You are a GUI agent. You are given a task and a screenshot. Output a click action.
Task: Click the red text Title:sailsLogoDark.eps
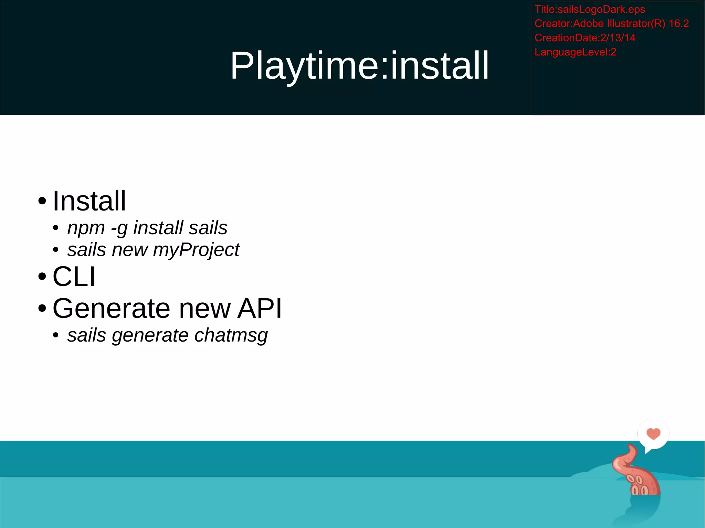click(589, 9)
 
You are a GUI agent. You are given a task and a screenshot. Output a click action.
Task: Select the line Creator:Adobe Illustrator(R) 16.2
click(611, 23)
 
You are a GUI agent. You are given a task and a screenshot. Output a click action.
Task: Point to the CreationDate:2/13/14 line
click(585, 37)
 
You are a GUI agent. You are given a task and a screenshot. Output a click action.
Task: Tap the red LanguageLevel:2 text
click(575, 52)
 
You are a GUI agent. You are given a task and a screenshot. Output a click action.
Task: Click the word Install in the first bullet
click(89, 201)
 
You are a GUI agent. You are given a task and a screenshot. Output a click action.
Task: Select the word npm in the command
click(86, 228)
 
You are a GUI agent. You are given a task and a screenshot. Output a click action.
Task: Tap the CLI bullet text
click(74, 276)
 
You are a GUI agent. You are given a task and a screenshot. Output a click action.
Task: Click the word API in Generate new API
click(260, 308)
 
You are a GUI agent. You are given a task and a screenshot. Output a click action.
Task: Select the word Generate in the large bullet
click(111, 308)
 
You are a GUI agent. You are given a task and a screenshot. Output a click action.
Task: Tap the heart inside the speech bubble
click(653, 433)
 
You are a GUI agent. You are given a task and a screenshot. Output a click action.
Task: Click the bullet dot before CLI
click(42, 276)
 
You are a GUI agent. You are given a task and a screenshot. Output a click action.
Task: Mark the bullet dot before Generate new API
click(42, 308)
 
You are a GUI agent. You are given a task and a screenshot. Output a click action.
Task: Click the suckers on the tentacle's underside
click(639, 485)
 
